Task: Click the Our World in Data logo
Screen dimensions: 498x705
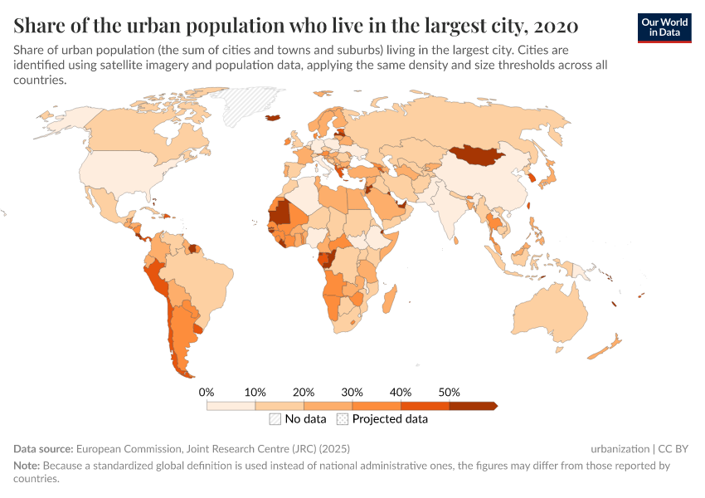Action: (x=664, y=27)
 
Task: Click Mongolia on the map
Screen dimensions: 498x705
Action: (x=479, y=154)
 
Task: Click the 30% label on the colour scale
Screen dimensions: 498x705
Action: (x=352, y=392)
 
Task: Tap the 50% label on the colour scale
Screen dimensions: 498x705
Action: (x=449, y=392)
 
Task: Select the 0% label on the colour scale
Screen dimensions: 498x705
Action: (x=207, y=392)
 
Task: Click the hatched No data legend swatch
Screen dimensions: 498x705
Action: (x=275, y=419)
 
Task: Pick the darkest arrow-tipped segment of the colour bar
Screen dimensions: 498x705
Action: (x=472, y=406)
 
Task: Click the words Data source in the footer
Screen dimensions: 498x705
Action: (x=44, y=448)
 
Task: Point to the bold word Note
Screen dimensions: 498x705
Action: (x=27, y=466)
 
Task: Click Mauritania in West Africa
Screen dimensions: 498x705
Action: (x=280, y=212)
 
